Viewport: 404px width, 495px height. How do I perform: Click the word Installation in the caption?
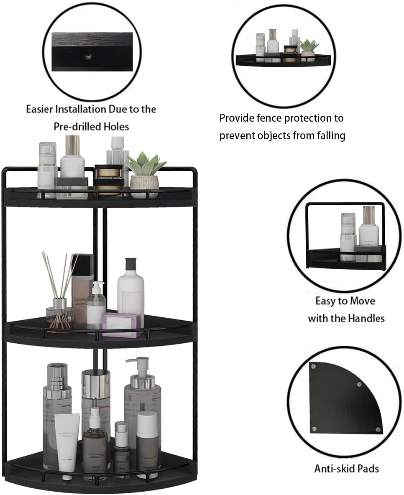tap(78, 110)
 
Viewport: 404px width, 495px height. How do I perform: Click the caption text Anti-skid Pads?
tap(346, 468)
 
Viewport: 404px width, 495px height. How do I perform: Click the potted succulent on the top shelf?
tap(145, 165)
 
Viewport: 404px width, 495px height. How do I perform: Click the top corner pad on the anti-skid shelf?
tap(313, 366)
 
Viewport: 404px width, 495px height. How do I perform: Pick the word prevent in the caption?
tap(236, 136)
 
